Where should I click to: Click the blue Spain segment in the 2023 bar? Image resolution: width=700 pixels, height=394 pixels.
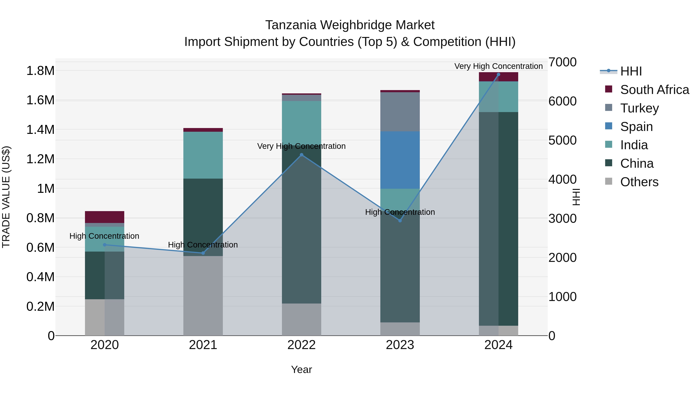(x=400, y=160)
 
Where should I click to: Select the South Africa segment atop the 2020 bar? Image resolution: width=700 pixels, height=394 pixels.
(x=104, y=217)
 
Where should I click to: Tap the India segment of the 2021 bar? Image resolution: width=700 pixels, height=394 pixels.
(x=203, y=155)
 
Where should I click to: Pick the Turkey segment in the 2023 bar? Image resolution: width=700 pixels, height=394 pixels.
(x=400, y=111)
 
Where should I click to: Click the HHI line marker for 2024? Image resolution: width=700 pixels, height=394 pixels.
(x=498, y=75)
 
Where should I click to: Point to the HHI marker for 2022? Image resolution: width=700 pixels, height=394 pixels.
(x=301, y=155)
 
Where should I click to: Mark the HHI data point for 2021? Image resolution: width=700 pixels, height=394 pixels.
(x=203, y=253)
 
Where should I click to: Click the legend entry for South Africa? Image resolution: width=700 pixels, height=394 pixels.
(x=654, y=90)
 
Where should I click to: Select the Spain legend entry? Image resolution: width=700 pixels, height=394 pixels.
(x=636, y=126)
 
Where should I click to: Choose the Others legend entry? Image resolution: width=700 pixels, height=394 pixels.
(x=639, y=182)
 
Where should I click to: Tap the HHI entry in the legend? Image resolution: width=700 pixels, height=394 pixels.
(x=631, y=71)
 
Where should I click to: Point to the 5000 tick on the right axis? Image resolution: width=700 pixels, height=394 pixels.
(x=562, y=140)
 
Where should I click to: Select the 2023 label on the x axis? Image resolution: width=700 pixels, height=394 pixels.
(x=400, y=345)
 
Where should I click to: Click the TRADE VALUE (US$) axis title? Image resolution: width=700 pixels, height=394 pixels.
(x=6, y=197)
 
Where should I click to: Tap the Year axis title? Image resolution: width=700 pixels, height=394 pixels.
(x=301, y=369)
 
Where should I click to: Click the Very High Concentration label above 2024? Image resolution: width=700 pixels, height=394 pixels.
(x=498, y=66)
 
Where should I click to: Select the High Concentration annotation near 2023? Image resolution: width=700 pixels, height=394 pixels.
(x=400, y=212)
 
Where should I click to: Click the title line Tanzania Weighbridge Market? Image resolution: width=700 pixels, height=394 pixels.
(x=350, y=25)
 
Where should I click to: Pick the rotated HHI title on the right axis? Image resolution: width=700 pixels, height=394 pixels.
(x=576, y=197)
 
